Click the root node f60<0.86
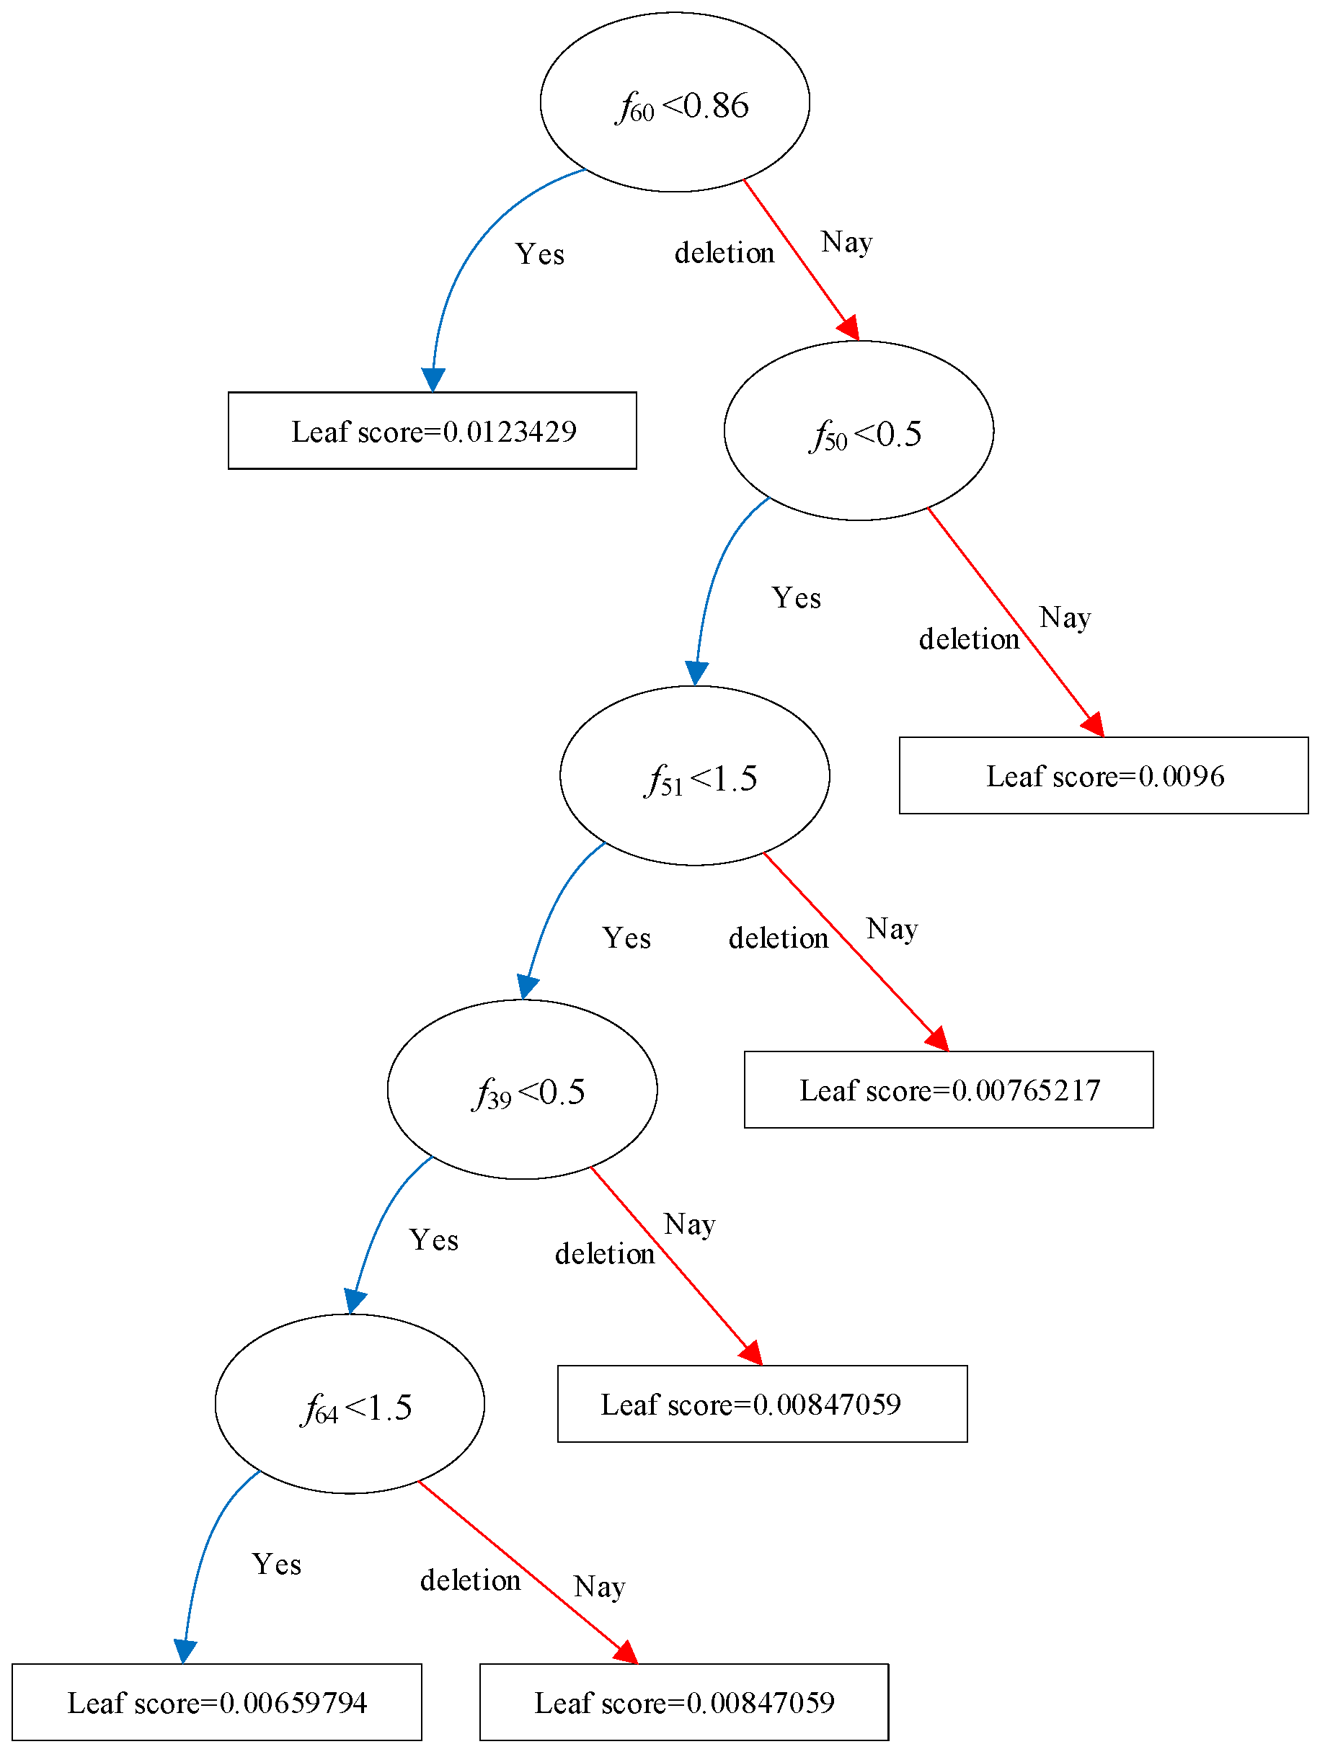(675, 102)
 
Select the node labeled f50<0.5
(858, 431)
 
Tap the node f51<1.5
(694, 776)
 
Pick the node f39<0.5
(522, 1090)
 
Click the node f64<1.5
(350, 1405)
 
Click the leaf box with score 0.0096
(1104, 775)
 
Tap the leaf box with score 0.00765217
(949, 1090)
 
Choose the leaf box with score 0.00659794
(216, 1702)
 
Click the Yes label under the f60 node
(539, 254)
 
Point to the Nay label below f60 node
(846, 241)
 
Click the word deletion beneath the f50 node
(968, 639)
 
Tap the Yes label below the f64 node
(276, 1564)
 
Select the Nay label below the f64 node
(599, 1586)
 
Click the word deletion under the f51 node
(778, 938)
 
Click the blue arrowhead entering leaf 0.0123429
(433, 380)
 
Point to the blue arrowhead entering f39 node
(528, 987)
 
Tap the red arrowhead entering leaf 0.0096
(1094, 724)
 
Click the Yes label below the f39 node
(434, 1240)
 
